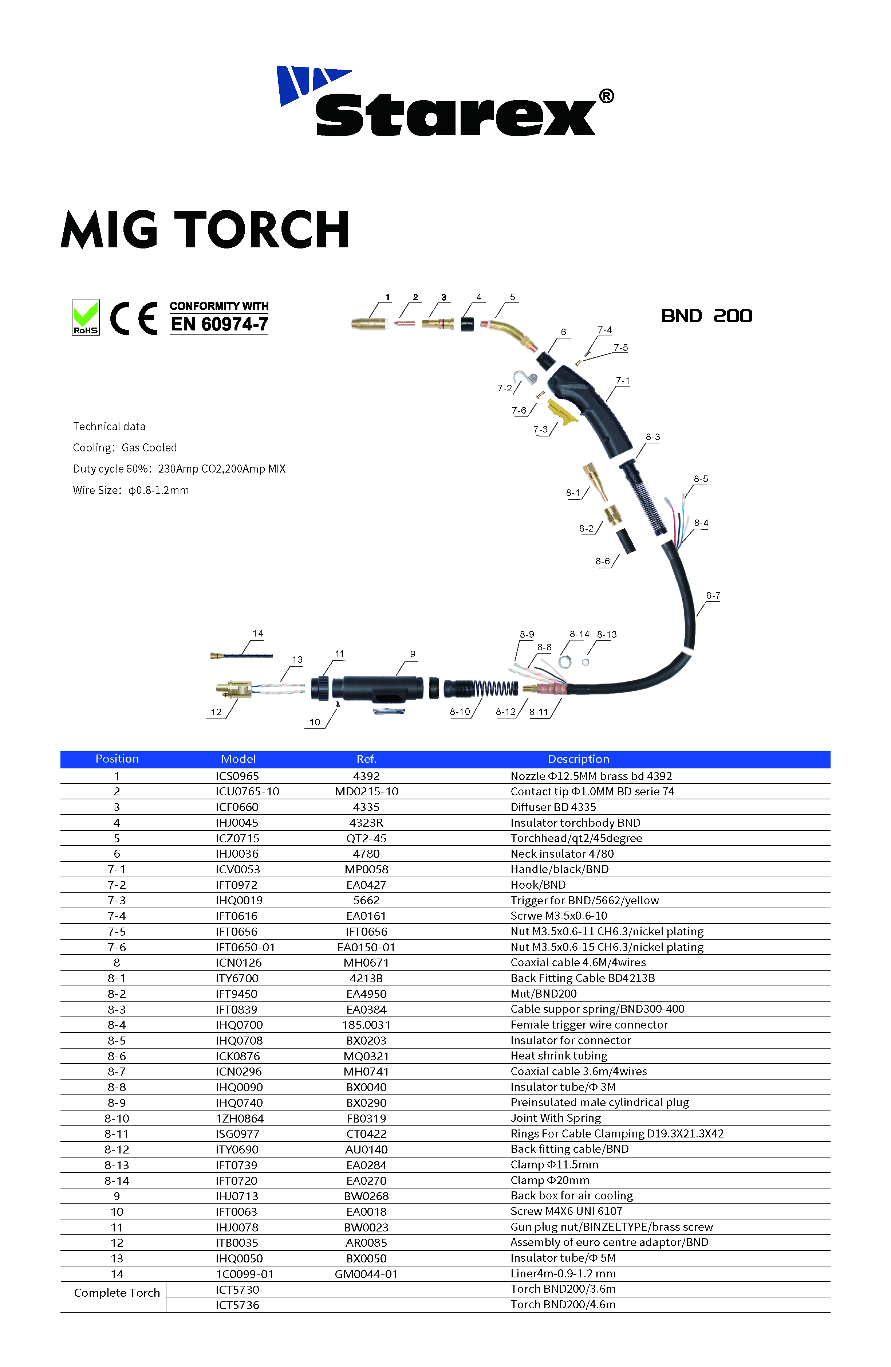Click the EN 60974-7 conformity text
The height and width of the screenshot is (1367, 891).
point(219,324)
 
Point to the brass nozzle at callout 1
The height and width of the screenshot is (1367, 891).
point(369,324)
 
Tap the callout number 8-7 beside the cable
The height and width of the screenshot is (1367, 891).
point(713,596)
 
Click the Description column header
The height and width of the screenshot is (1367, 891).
point(578,759)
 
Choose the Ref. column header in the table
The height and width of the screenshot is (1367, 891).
point(366,759)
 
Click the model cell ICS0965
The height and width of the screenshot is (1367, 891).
point(237,776)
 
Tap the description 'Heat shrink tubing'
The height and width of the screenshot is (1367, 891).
point(559,1056)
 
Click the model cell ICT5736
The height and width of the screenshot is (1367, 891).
point(237,1305)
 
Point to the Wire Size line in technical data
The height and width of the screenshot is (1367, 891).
point(131,490)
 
